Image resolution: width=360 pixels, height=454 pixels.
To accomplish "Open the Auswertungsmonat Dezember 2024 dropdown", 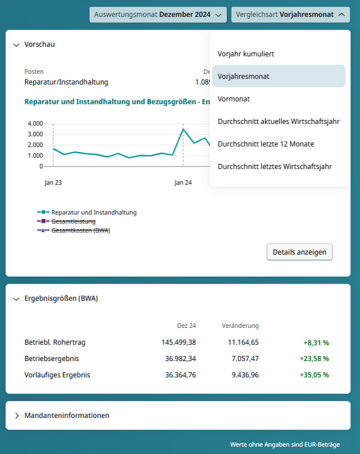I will (x=158, y=14).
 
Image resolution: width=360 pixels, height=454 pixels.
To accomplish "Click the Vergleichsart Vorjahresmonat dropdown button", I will (x=290, y=14).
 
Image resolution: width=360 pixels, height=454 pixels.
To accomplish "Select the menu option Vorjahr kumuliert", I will (x=246, y=54).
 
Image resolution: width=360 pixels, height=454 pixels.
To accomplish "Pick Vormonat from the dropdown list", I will (x=234, y=99).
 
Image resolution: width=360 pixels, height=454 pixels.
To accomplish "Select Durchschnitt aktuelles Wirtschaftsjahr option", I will (x=279, y=121).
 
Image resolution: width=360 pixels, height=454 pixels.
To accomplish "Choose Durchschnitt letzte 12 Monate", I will (x=266, y=144).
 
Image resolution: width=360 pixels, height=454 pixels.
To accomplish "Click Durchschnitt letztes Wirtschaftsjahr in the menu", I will (x=275, y=166).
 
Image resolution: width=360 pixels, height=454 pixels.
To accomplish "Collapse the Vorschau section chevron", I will (x=16, y=44).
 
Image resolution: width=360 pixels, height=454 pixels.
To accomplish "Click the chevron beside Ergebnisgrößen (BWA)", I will (x=16, y=298).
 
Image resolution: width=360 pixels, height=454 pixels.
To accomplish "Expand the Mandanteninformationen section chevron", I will (x=16, y=416).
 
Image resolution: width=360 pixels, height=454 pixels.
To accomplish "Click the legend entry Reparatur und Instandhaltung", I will (x=94, y=212).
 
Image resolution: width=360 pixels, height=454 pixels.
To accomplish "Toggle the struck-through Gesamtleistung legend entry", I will (x=73, y=221).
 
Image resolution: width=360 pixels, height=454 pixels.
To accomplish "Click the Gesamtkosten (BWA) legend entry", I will (x=80, y=230).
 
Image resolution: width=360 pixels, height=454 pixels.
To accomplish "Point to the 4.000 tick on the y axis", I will (x=35, y=124).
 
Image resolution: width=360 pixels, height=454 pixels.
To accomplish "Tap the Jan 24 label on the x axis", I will (x=183, y=182).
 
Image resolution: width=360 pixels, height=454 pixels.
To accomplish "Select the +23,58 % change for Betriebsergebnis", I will (x=314, y=359).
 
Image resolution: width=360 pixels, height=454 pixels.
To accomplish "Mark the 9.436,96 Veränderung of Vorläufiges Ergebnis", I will (x=242, y=375).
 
